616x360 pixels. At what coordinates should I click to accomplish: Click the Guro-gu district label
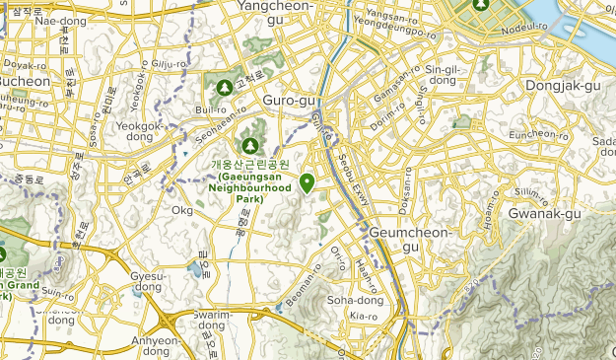pyautogui.click(x=290, y=101)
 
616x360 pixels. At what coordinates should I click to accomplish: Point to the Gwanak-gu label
pyautogui.click(x=540, y=211)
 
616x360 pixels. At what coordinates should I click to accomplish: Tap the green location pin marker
pyautogui.click(x=308, y=182)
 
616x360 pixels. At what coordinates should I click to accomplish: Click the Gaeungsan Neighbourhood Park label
pyautogui.click(x=249, y=181)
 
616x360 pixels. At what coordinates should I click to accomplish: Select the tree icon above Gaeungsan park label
pyautogui.click(x=248, y=145)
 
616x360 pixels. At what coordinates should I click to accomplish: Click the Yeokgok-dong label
pyautogui.click(x=140, y=131)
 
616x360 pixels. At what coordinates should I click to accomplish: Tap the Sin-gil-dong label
pyautogui.click(x=440, y=74)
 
